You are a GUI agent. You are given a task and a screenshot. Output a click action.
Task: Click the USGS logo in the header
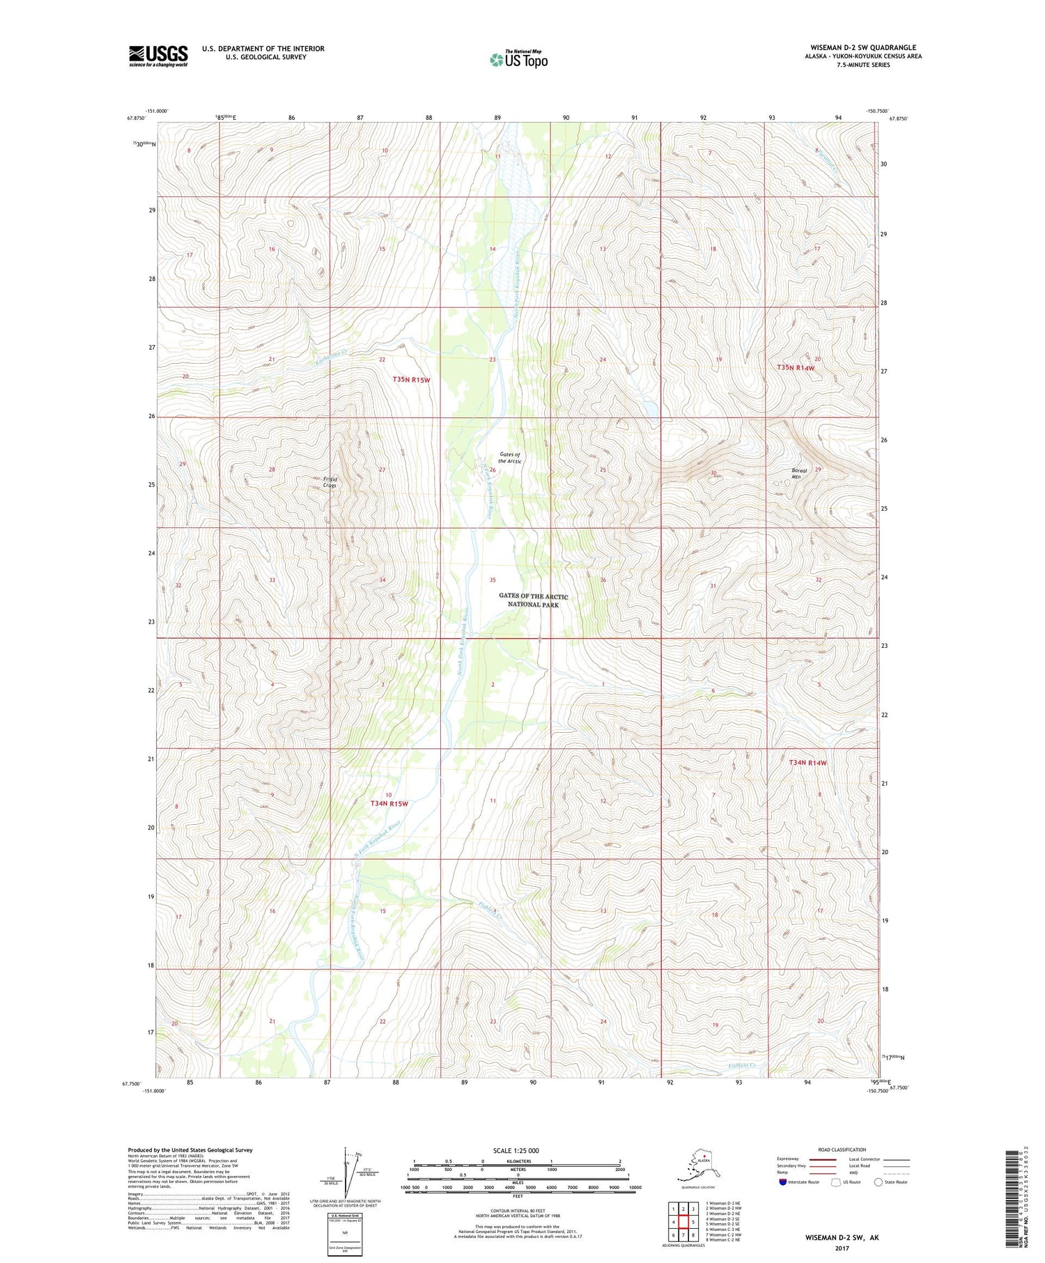158,56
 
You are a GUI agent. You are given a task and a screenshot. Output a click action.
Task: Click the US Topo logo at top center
518,59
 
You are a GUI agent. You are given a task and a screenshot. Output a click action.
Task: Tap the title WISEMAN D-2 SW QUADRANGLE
862,47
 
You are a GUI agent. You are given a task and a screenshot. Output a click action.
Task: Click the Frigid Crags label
329,482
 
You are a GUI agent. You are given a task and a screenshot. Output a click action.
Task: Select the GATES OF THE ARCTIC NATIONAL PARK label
533,600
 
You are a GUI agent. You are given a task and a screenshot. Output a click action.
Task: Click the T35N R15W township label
411,380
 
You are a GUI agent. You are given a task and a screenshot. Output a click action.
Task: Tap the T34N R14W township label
807,763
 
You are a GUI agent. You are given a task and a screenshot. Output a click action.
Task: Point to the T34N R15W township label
389,803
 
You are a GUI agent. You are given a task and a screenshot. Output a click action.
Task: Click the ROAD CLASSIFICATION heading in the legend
842,1149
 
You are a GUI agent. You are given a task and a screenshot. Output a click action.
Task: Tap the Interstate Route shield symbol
782,1182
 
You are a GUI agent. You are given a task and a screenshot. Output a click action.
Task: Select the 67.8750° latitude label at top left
136,118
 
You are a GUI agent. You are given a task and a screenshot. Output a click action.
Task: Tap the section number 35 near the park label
493,580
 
